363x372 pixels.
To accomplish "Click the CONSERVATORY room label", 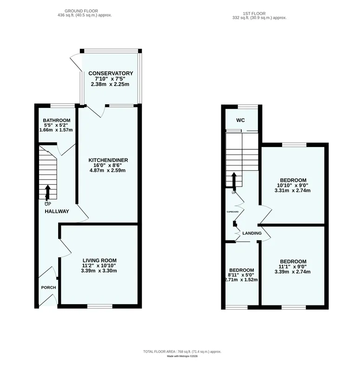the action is (111, 73).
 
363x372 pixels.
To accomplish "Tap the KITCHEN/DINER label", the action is (108, 160).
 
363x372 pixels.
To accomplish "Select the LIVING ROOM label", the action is (99, 260).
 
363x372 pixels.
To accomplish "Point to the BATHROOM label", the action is (57, 120).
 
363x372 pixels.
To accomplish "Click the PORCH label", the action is (49, 287).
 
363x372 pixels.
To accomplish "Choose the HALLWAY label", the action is (57, 211).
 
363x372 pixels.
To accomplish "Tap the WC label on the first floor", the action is (240, 120).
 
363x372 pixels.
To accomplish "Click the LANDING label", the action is (252, 233).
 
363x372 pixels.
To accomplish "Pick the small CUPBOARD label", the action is (232, 212).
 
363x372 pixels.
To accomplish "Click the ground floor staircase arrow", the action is (48, 192).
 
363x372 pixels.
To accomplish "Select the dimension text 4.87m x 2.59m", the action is (108, 170).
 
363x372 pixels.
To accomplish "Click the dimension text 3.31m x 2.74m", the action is (292, 190).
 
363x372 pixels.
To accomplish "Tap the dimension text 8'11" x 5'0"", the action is (241, 275).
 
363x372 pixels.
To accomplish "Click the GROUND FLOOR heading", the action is (81, 11).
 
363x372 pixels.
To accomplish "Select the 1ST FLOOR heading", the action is (254, 13).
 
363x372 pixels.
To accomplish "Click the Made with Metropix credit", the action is (182, 356).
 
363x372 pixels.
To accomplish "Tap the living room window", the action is (100, 306).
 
